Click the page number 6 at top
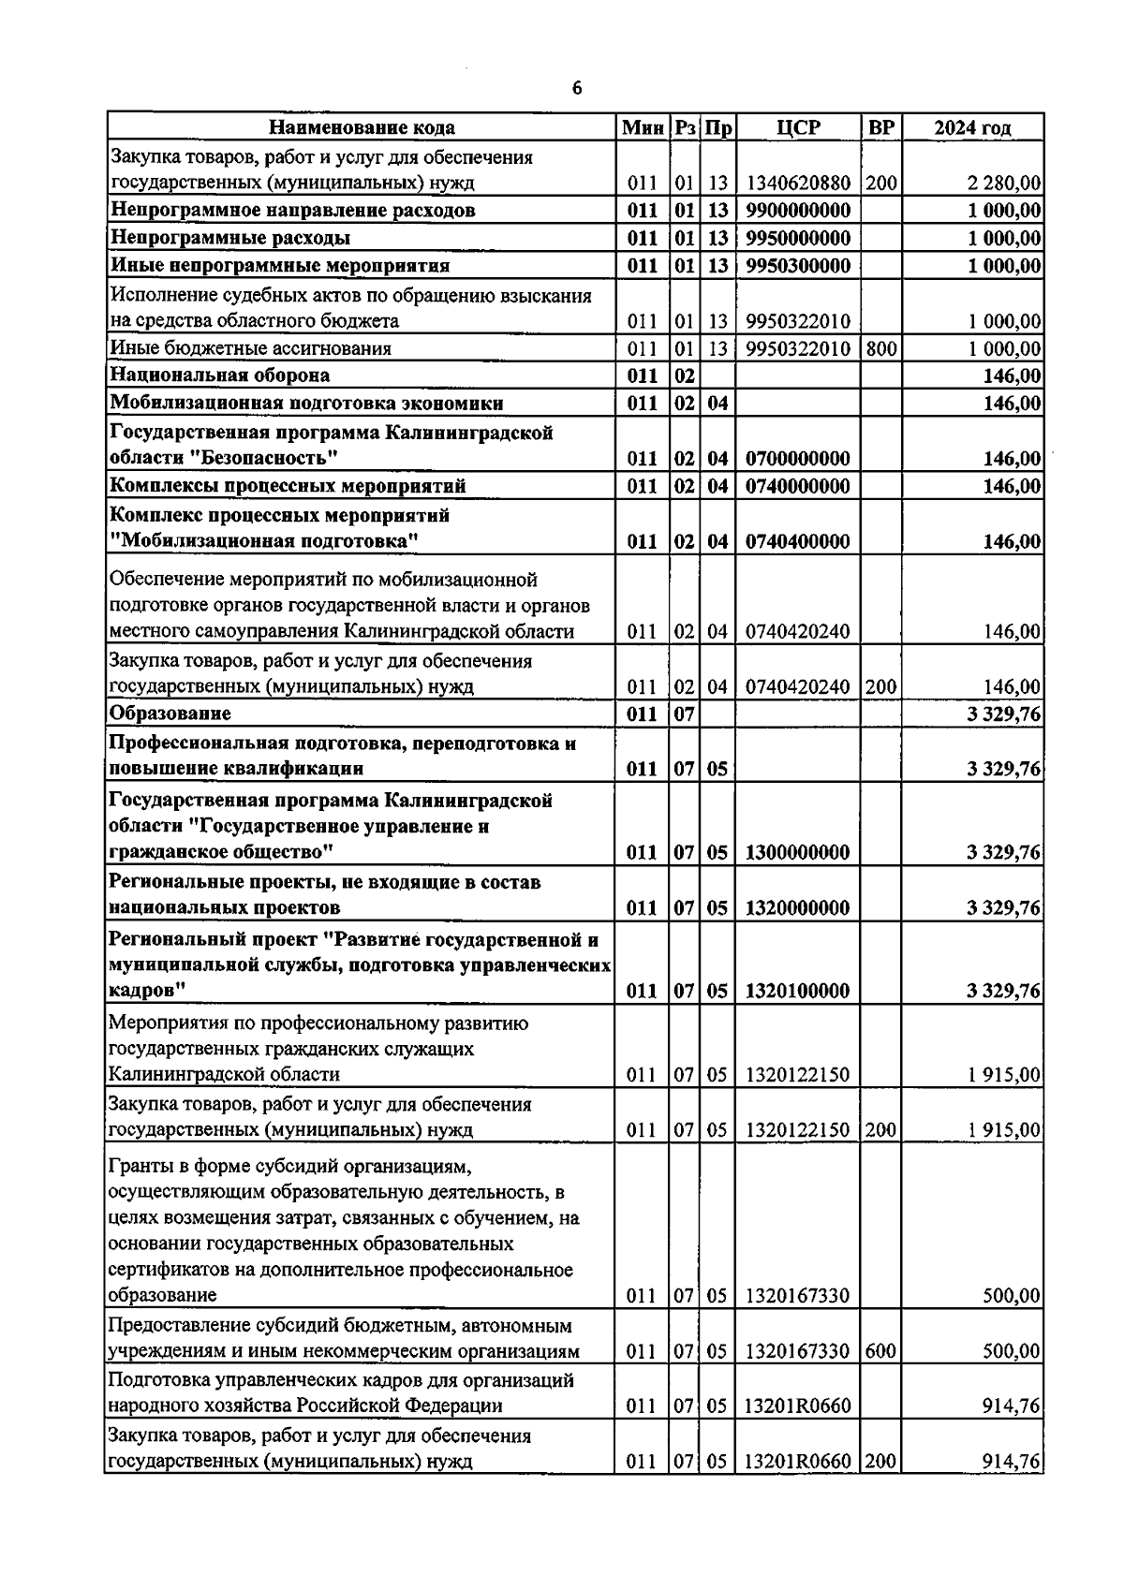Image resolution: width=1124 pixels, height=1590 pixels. [576, 89]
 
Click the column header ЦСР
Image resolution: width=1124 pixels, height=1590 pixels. [798, 127]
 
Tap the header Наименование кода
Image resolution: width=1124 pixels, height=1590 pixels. [362, 127]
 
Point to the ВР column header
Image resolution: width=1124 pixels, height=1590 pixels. [880, 127]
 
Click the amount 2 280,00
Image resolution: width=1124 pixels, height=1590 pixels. [1004, 183]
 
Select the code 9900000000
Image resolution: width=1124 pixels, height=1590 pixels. [798, 210]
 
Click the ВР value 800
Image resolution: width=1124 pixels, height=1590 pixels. [880, 348]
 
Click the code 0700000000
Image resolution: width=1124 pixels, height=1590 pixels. [798, 459]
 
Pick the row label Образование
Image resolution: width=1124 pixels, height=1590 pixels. [170, 714]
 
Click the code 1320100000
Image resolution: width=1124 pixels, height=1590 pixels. [798, 991]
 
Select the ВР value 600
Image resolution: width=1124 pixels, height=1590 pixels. [880, 1351]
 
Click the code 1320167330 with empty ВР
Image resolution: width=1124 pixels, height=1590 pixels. [798, 1296]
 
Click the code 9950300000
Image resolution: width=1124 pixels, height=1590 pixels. [798, 266]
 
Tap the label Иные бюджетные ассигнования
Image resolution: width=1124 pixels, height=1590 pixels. [250, 348]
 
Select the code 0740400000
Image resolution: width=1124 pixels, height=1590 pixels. [798, 541]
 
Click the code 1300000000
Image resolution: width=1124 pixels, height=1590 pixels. [798, 852]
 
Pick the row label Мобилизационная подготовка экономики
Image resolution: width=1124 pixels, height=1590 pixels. [306, 404]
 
